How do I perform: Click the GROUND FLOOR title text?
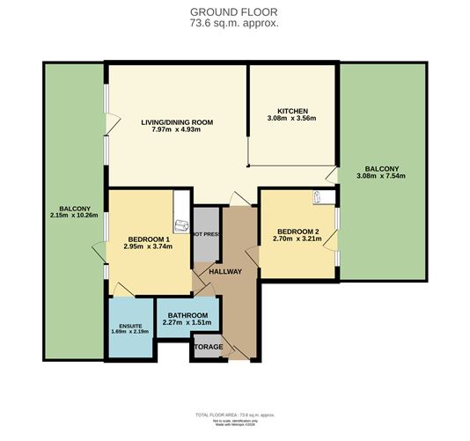[234, 11]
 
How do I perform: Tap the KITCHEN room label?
[290, 110]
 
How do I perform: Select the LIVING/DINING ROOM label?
[178, 121]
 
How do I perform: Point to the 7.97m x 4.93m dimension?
[178, 130]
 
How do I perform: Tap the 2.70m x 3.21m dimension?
[293, 239]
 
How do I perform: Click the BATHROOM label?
[187, 315]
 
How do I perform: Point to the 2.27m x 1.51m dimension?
[187, 324]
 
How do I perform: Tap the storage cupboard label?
[209, 347]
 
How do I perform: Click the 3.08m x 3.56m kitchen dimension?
[290, 119]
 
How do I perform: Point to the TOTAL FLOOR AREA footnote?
[234, 413]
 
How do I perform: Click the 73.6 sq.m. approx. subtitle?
[234, 23]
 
